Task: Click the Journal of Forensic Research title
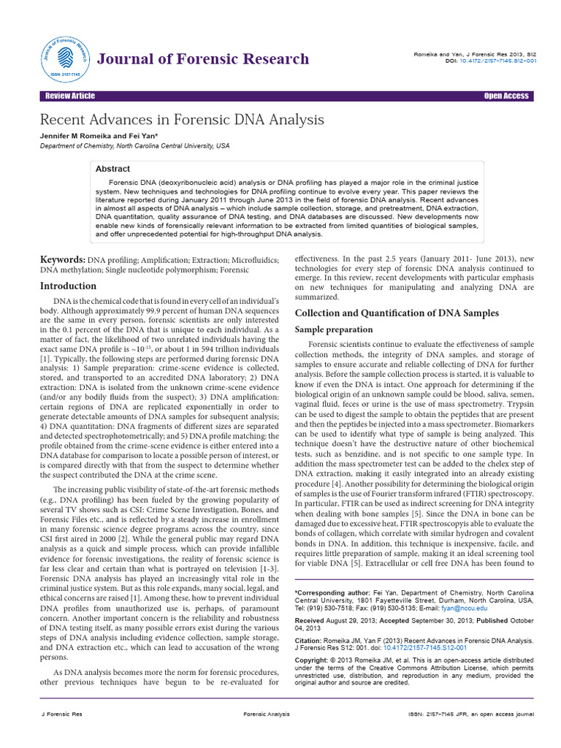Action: pos(203,58)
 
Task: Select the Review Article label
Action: pos(69,96)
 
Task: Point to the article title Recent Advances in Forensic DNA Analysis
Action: pos(181,119)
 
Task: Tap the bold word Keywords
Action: pos(62,259)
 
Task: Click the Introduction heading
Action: pos(68,286)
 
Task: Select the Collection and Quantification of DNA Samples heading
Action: pos(396,313)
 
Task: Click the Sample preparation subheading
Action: pos(333,329)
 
